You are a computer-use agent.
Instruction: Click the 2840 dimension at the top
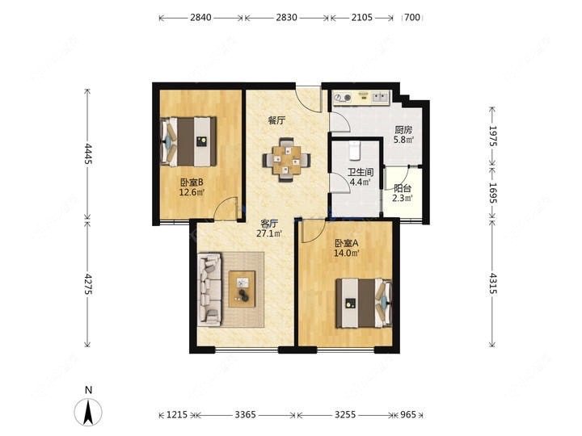tap(200, 18)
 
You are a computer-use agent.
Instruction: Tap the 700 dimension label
tap(412, 18)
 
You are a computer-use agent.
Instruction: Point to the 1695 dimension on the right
tap(492, 192)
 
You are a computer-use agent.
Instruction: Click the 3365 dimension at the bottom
tap(246, 414)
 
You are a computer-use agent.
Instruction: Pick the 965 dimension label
tap(408, 414)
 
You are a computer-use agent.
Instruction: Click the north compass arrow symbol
tap(88, 412)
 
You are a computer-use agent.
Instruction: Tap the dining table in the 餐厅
tap(286, 160)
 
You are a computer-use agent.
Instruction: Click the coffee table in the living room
tap(242, 289)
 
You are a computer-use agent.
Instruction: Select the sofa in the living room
tap(209, 290)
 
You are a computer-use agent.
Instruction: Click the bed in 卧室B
tap(188, 141)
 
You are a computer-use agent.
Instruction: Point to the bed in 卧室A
tap(364, 304)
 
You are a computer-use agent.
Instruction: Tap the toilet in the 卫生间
tap(355, 150)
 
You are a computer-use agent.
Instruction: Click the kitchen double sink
tap(379, 97)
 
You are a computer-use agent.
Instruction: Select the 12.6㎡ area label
tap(192, 192)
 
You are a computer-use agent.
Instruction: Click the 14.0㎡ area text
tap(347, 254)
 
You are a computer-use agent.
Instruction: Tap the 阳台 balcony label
tap(403, 188)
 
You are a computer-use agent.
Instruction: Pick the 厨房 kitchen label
tap(403, 130)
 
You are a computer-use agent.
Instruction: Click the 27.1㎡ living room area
tap(269, 233)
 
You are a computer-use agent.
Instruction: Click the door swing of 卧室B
tap(226, 208)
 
